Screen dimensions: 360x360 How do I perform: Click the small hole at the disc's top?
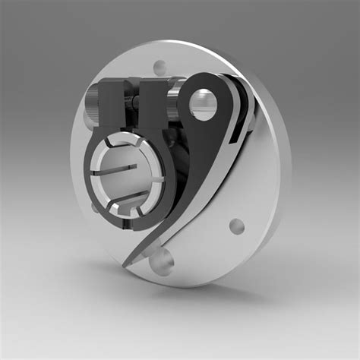[158, 67]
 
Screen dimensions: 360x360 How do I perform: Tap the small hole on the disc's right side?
[237, 226]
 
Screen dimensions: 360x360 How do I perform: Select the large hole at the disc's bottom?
[162, 261]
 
